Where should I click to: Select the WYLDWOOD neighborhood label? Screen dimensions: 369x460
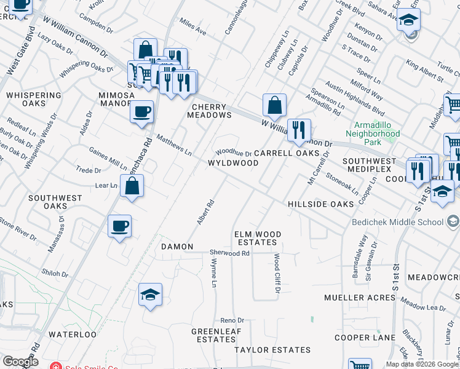(x=233, y=163)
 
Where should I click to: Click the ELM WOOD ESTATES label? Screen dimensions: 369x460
(x=258, y=239)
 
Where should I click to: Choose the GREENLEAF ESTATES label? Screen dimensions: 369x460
(x=214, y=335)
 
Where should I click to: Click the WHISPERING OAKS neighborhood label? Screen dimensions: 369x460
(x=33, y=100)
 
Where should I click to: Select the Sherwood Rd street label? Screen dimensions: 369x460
(x=229, y=253)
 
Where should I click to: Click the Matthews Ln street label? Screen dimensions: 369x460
(x=174, y=145)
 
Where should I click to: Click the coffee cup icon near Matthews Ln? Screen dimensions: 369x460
(x=142, y=112)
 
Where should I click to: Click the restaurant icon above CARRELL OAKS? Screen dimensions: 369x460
(x=298, y=130)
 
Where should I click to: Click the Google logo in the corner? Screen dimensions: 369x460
(x=20, y=362)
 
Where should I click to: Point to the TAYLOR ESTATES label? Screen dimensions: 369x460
(x=272, y=350)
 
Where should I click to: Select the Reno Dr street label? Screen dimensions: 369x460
(x=232, y=320)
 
